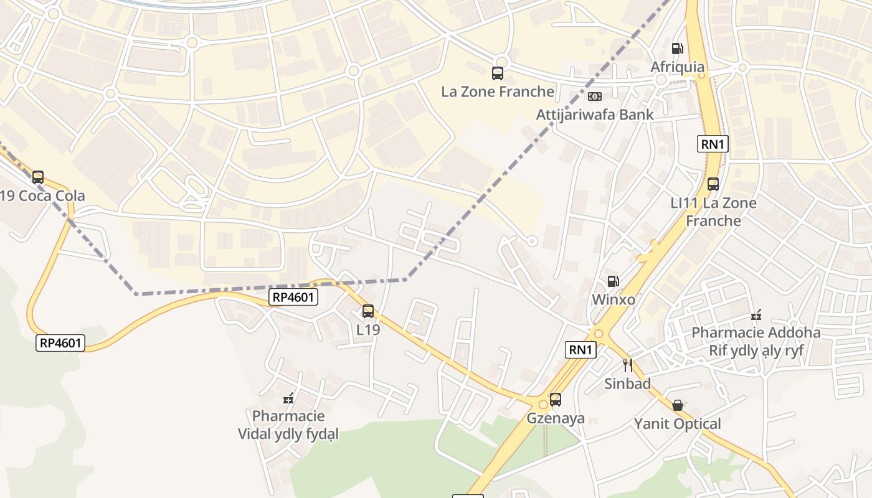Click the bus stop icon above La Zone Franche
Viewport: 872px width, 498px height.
click(497, 73)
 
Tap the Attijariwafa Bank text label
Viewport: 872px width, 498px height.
click(595, 115)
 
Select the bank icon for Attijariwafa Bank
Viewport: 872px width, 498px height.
click(595, 96)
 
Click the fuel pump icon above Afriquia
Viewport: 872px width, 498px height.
click(677, 49)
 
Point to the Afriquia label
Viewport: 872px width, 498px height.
click(678, 67)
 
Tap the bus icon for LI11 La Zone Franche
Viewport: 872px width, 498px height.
click(713, 184)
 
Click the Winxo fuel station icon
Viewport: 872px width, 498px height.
click(614, 281)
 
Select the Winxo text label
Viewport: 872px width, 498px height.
click(614, 299)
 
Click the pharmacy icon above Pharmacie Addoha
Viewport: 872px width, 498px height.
click(756, 314)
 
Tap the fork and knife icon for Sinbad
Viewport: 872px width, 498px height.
click(627, 365)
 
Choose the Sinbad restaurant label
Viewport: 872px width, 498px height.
click(627, 383)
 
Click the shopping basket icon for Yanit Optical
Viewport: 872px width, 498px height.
click(678, 406)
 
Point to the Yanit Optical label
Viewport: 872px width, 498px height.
click(678, 424)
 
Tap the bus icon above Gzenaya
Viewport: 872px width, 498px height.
click(555, 400)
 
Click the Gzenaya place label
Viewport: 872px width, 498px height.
click(556, 418)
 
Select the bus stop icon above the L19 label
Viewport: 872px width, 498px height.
click(368, 311)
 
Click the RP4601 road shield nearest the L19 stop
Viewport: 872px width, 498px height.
click(293, 298)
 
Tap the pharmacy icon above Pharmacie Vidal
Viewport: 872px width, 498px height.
click(288, 398)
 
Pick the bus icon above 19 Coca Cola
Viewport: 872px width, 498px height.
click(38, 177)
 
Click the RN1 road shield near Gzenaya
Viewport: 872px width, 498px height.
click(581, 350)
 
